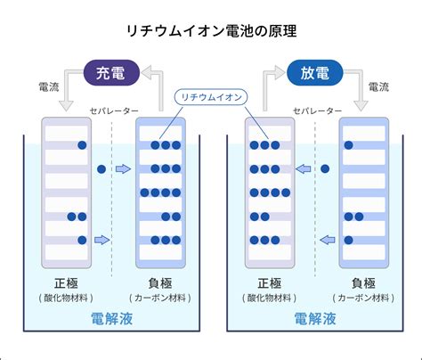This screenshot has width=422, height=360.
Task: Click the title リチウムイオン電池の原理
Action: click(x=211, y=31)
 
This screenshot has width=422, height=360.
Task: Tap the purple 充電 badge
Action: click(x=111, y=73)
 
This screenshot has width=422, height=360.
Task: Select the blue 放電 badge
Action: click(x=315, y=73)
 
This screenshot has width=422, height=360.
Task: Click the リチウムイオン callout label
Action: click(x=211, y=97)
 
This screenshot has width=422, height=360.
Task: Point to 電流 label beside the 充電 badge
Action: click(x=49, y=87)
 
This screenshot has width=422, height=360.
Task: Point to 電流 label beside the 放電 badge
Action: click(x=378, y=87)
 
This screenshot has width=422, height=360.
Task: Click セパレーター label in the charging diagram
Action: click(x=114, y=110)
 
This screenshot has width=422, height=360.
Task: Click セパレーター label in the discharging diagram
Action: click(x=318, y=110)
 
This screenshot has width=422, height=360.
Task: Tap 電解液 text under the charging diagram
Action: click(x=111, y=319)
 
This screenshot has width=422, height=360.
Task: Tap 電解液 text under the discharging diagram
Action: click(x=315, y=319)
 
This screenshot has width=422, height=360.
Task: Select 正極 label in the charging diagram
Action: click(x=66, y=283)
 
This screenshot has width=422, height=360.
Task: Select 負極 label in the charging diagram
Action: click(x=160, y=283)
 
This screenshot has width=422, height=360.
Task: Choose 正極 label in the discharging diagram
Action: click(x=270, y=283)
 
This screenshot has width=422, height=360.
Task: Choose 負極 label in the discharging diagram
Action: click(x=363, y=283)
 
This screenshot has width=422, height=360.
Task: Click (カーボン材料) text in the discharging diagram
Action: click(x=363, y=298)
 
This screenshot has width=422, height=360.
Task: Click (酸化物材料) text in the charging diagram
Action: click(x=66, y=298)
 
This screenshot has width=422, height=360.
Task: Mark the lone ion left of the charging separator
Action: click(x=101, y=169)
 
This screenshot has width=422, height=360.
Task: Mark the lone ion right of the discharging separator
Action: click(x=325, y=169)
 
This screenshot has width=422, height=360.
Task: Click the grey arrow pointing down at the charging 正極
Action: click(x=66, y=89)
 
